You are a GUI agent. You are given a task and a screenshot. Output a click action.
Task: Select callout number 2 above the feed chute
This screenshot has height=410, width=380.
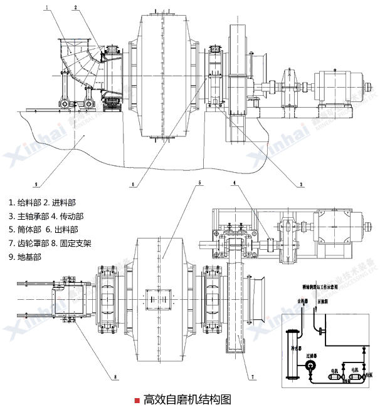tap(76, 8)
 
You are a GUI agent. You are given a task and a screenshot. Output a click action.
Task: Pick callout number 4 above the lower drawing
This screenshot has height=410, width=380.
tap(235, 183)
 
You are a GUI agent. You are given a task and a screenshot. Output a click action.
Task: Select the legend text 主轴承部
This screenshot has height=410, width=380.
tap(31, 216)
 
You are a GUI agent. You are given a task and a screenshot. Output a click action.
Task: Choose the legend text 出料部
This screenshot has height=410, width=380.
tap(65, 229)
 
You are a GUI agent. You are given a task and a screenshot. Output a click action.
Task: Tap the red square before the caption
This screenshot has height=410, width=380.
tap(138, 399)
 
